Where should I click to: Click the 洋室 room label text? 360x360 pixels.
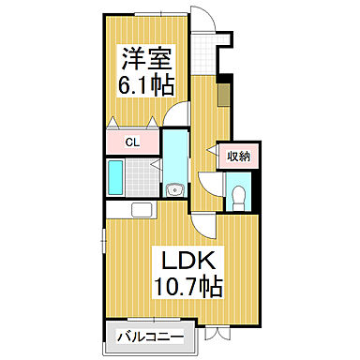click(142, 57)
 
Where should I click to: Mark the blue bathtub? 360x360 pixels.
click(114, 176)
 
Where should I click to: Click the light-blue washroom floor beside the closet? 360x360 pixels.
click(175, 155)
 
